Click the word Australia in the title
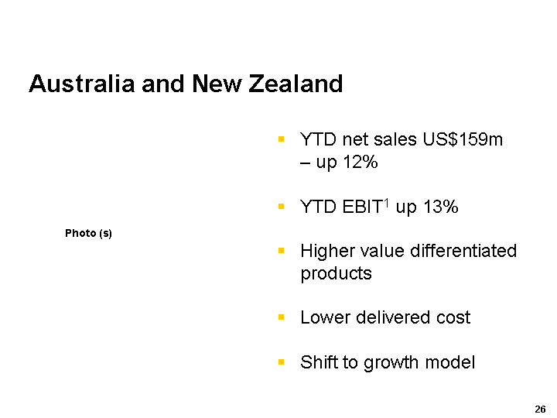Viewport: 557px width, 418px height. click(82, 84)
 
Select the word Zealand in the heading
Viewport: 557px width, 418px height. click(296, 84)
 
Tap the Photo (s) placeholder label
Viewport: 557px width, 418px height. click(88, 233)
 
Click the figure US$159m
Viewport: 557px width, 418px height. click(463, 139)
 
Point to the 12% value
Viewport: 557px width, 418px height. click(361, 162)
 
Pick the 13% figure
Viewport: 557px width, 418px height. click(441, 207)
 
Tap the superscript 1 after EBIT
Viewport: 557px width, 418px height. click(387, 203)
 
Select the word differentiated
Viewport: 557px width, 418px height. click(463, 251)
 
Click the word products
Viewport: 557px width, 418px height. click(336, 274)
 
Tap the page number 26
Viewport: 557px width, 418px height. click(540, 409)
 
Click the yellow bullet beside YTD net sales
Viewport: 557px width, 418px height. click(282, 139)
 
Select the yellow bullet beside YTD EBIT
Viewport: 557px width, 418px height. click(282, 206)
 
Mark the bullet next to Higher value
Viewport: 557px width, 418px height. click(282, 251)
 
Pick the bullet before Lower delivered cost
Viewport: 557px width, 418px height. click(282, 317)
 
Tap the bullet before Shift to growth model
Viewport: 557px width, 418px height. click(282, 362)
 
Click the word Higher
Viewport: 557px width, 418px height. click(326, 251)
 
